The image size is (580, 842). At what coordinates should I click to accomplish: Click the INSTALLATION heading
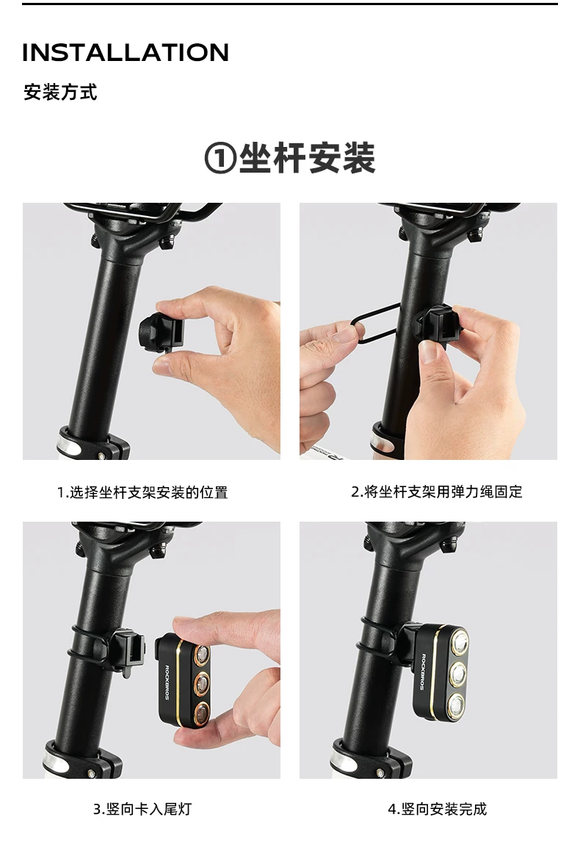[126, 53]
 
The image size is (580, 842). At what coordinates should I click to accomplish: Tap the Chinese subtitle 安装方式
[60, 93]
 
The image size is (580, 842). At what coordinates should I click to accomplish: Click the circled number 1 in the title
[220, 159]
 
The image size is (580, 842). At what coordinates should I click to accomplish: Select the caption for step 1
[142, 492]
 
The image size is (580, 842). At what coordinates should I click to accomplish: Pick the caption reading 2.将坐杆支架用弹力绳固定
[437, 492]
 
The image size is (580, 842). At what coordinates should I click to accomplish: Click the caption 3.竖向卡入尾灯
[142, 809]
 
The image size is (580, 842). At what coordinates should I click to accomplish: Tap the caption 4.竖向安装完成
[438, 809]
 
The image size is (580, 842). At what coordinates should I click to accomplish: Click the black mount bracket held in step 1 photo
[161, 334]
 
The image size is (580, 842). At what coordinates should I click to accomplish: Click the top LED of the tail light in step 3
[201, 654]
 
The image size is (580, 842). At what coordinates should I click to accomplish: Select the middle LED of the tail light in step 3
[201, 683]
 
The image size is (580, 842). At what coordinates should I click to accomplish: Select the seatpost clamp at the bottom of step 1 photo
[94, 442]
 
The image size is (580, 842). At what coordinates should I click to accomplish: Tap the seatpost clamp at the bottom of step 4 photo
[370, 759]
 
